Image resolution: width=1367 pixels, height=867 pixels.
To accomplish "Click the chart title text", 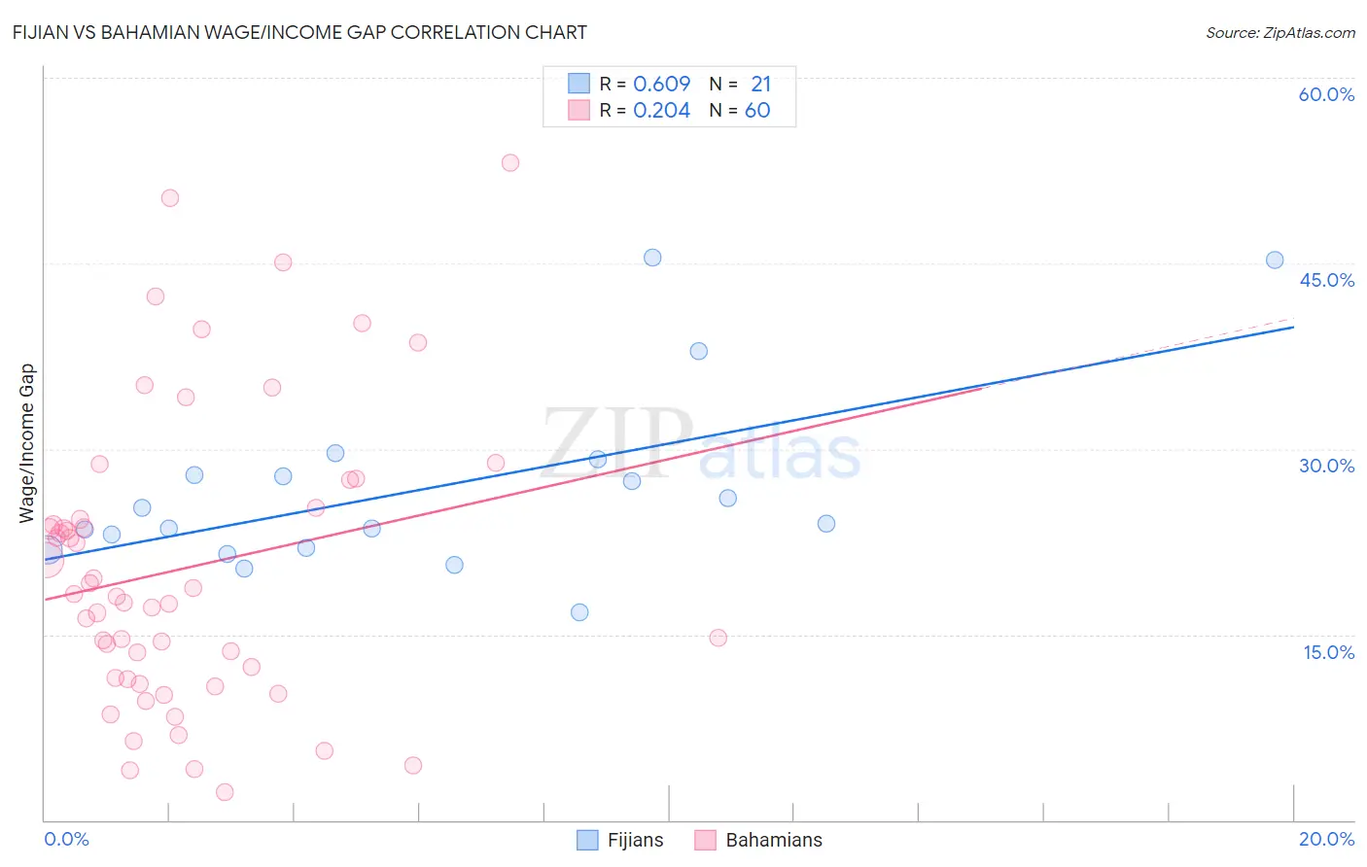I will (299, 33).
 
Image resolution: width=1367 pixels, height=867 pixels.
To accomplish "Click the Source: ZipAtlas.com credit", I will (1279, 33).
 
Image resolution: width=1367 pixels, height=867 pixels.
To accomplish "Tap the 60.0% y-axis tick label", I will (1326, 94).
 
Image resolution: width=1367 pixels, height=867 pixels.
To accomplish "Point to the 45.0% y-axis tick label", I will (1326, 280).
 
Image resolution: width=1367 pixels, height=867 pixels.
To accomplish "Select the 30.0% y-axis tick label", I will (1326, 466).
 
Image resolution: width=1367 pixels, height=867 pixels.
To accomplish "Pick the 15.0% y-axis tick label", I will (1328, 652).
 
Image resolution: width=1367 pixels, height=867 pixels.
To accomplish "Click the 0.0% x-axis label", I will (66, 839).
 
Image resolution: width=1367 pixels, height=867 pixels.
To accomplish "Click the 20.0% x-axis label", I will (1326, 839).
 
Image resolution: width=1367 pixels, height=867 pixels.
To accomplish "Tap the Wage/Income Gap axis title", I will (27, 443).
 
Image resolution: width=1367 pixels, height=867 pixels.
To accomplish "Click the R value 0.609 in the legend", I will (661, 84).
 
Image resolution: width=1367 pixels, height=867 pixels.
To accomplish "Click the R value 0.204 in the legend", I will (661, 111).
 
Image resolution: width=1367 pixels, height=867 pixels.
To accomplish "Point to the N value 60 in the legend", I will (757, 111).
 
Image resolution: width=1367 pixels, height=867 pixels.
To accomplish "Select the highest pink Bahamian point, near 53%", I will (510, 162).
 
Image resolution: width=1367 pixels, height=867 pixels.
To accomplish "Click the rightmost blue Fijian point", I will (1275, 260).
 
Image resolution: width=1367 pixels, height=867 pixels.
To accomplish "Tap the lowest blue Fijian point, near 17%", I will (579, 612).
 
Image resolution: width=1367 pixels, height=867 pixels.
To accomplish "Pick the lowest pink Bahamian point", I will (225, 792).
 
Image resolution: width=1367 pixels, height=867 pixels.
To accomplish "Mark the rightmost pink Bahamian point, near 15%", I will (719, 638).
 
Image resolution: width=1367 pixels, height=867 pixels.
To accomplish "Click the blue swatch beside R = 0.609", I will (579, 84).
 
